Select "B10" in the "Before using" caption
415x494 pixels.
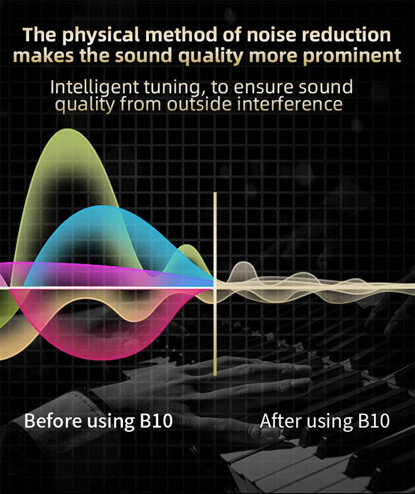153,421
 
